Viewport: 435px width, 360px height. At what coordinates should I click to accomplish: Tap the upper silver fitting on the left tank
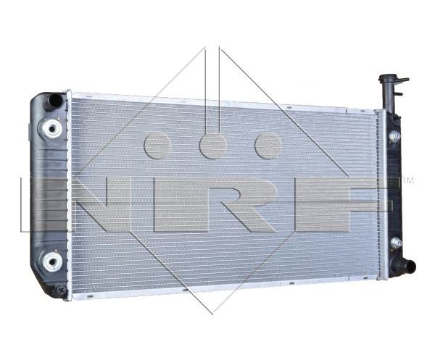point(51,128)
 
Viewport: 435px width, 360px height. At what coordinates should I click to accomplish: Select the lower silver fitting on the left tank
point(52,261)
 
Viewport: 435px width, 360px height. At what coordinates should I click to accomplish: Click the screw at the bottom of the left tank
point(61,290)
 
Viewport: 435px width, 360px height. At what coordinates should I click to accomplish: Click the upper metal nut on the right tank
point(395,136)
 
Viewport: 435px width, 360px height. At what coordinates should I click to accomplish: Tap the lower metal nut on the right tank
point(396,243)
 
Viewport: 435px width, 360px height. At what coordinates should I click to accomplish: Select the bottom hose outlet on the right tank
point(407,267)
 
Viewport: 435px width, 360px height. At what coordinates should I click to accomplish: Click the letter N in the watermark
point(102,204)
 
